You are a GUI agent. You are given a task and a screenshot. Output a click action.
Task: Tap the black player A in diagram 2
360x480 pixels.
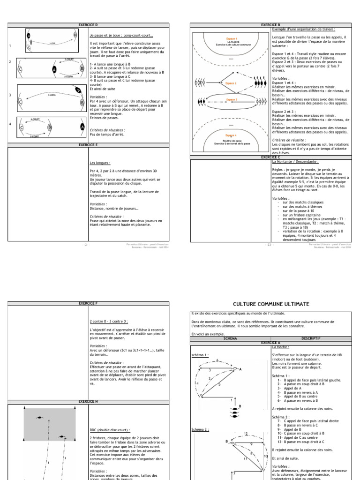point(54,69)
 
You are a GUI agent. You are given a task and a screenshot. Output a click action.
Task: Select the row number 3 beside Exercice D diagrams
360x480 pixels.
point(10,95)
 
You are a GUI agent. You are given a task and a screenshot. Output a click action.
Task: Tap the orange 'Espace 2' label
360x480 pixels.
point(231,83)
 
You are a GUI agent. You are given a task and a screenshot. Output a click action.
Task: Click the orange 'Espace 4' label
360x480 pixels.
point(231,135)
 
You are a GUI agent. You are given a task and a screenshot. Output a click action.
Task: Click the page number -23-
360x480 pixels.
point(268,244)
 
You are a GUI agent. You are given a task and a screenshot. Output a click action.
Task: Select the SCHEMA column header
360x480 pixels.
point(231,337)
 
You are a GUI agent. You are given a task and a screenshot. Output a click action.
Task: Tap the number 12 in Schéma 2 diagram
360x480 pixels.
point(245,435)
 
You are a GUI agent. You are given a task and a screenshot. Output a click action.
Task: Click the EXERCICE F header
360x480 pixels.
point(89,304)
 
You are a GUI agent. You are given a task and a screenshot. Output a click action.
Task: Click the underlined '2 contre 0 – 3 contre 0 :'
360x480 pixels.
point(108,322)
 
